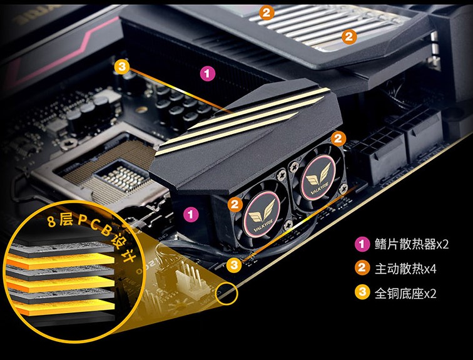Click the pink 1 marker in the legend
tap(362, 244)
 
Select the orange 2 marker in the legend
tap(362, 268)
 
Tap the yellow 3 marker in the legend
tap(362, 292)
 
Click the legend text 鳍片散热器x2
tap(412, 244)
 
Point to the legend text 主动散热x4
tap(405, 269)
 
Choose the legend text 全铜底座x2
tap(405, 293)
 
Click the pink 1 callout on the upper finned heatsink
tap(208, 73)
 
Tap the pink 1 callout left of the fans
tap(191, 215)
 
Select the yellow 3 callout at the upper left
tap(122, 67)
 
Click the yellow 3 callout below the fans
tap(234, 265)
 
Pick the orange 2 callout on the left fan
tap(235, 205)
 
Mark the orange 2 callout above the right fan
tap(338, 139)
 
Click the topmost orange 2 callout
tap(267, 13)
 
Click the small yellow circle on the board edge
tap(226, 293)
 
